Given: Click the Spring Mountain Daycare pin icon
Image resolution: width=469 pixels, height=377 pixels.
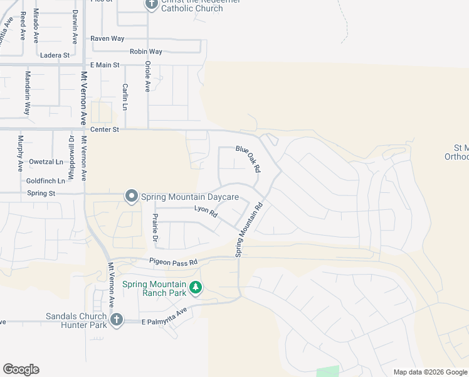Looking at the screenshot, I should coord(132,197).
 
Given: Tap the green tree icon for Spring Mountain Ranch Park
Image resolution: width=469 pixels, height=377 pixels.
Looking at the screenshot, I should coord(196,288).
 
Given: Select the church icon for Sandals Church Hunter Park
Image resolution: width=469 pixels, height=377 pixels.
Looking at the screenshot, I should coord(115,320).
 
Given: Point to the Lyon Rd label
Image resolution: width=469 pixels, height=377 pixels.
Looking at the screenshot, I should coord(206,212).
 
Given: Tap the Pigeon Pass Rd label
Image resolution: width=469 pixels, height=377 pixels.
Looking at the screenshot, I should coord(173,261).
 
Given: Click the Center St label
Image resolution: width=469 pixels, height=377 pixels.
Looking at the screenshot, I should coord(105,130).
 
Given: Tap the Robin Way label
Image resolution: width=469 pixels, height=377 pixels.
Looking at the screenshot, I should coord(146,52).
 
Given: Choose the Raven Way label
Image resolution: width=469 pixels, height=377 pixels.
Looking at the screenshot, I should coord(107,38).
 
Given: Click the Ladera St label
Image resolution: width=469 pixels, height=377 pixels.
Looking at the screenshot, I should coord(55,55).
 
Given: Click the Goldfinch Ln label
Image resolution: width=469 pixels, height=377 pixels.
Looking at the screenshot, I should coord(46,181).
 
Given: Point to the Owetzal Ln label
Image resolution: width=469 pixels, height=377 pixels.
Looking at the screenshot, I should coord(46,161).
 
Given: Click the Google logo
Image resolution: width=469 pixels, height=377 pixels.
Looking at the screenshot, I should coord(21,369).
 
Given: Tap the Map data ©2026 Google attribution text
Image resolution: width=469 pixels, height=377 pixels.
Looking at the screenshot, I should coord(429,372).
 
